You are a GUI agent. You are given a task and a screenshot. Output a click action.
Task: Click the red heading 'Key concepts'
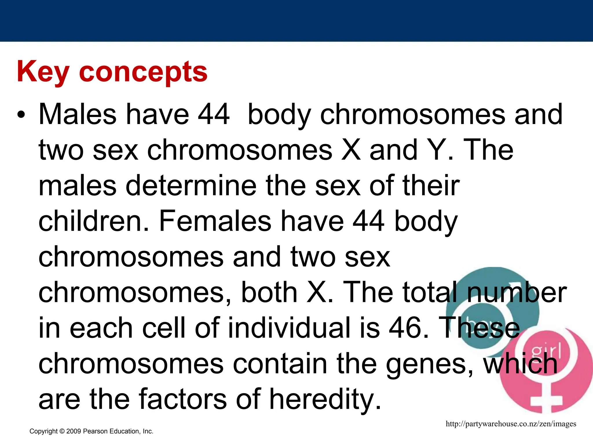tap(112, 72)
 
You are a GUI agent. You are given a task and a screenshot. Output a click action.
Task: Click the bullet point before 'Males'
tap(21, 115)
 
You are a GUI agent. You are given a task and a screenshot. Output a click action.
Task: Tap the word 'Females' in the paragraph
tap(215, 222)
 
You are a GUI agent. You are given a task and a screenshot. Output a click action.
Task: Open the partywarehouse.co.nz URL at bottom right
tap(511, 424)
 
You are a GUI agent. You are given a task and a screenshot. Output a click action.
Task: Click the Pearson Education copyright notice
tap(91, 431)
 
